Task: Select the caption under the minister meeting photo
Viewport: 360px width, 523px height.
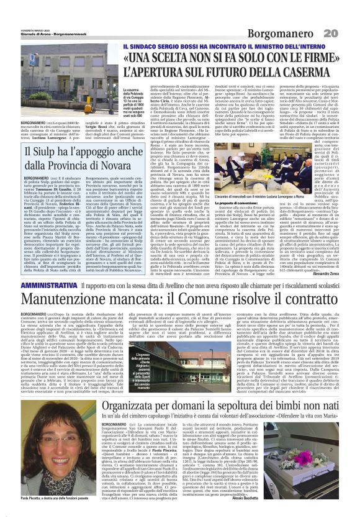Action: pyautogui.click(x=268, y=194)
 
